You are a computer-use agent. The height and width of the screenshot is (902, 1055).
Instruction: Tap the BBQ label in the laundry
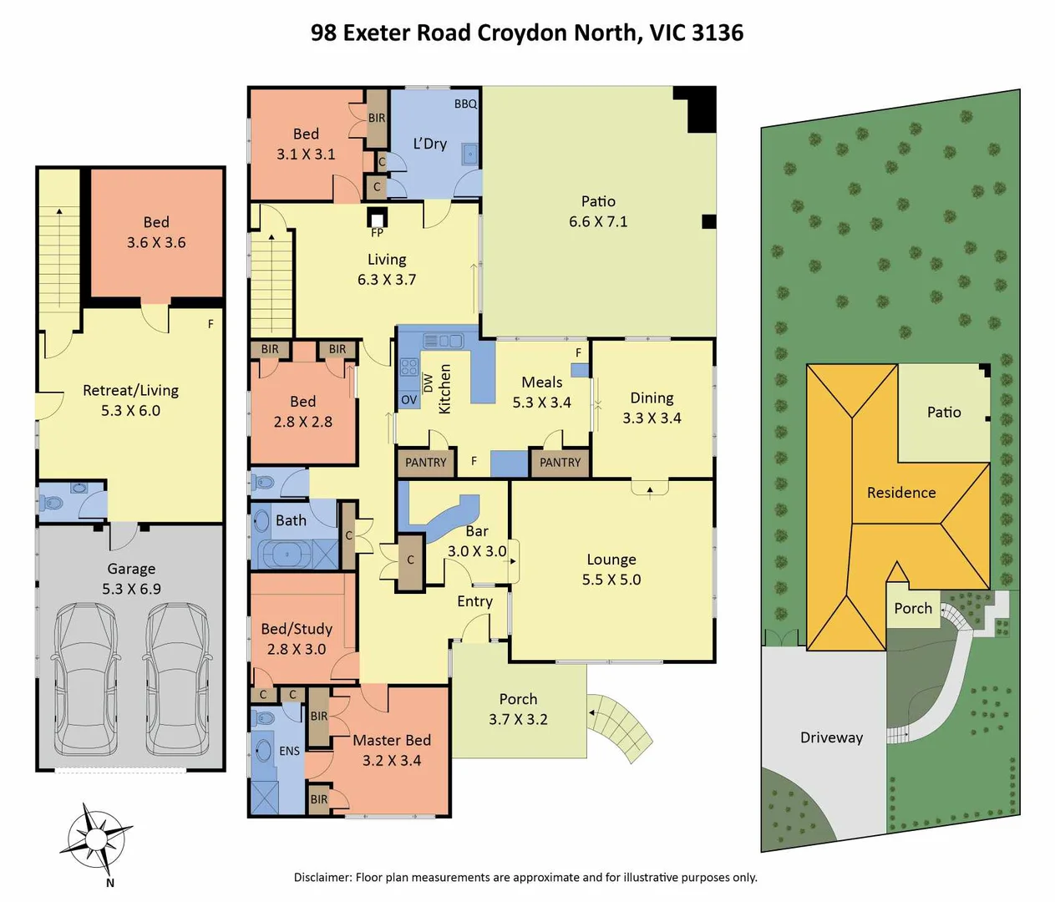pyautogui.click(x=465, y=104)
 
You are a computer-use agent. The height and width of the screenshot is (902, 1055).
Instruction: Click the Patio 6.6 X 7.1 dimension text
pyautogui.click(x=598, y=221)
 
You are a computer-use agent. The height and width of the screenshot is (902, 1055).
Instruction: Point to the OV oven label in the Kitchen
pyautogui.click(x=408, y=400)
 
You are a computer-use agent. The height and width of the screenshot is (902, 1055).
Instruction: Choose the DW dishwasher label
pyautogui.click(x=429, y=383)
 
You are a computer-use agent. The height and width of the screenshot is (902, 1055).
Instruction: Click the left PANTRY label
pyautogui.click(x=426, y=463)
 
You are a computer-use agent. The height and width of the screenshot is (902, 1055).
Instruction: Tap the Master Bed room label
pyautogui.click(x=392, y=740)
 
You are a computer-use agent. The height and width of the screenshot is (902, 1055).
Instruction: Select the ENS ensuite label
pyautogui.click(x=289, y=751)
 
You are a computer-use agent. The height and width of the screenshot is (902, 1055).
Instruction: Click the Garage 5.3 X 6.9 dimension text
pyautogui.click(x=132, y=589)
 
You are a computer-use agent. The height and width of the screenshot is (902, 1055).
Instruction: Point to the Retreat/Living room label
pyautogui.click(x=130, y=391)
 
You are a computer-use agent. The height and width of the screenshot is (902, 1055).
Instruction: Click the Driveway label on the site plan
pyautogui.click(x=831, y=737)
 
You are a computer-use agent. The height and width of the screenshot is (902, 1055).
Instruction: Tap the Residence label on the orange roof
pyautogui.click(x=901, y=493)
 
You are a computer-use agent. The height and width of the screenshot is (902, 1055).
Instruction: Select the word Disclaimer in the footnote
pyautogui.click(x=322, y=877)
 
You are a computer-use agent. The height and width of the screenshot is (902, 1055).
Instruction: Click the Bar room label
pyautogui.click(x=477, y=531)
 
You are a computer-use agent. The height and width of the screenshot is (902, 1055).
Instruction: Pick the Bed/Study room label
pyautogui.click(x=297, y=629)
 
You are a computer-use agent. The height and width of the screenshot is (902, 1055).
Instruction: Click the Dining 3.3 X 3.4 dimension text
pyautogui.click(x=652, y=418)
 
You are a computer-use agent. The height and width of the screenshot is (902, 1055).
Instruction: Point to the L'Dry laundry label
pyautogui.click(x=429, y=144)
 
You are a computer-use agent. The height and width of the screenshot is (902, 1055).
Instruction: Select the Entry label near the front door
pyautogui.click(x=474, y=601)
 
